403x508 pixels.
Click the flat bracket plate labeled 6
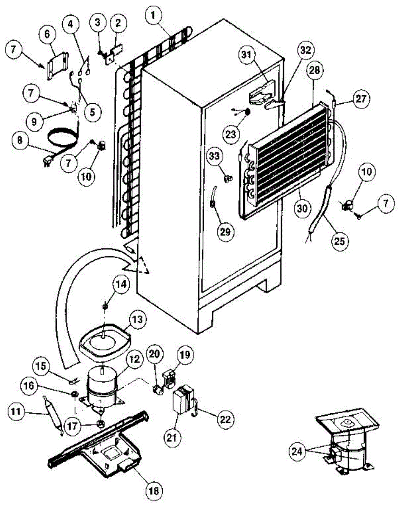57,65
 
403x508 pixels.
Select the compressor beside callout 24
347,451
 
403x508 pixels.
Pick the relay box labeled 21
183,399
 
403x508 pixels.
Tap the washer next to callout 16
74,395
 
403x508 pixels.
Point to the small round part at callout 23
247,111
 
